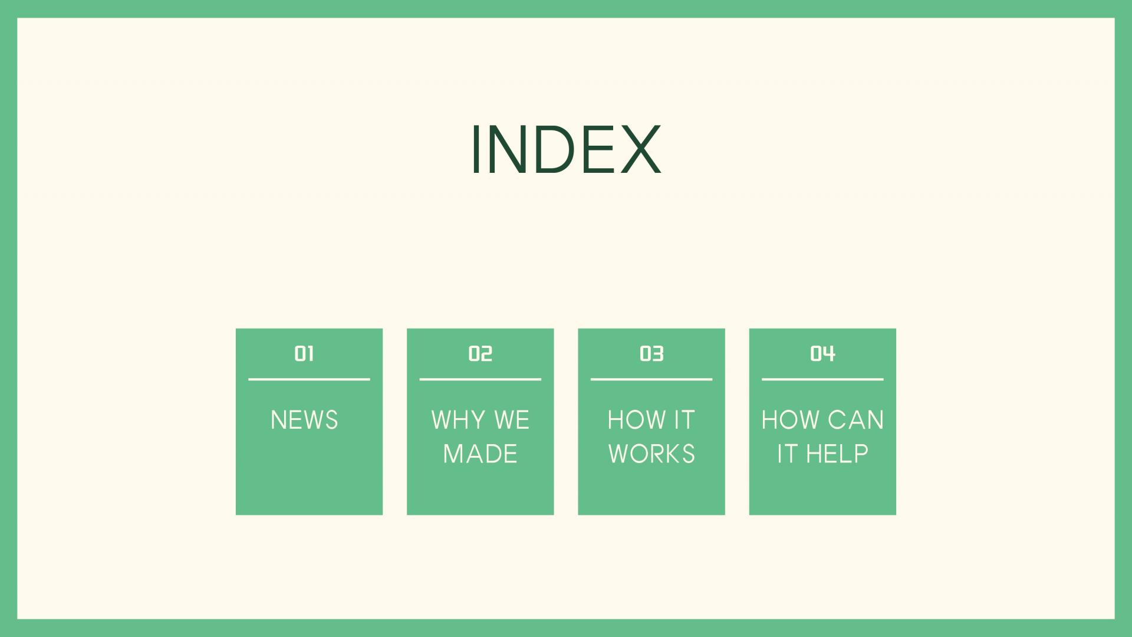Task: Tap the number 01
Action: (304, 353)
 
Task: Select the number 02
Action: (480, 353)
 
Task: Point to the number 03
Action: (651, 353)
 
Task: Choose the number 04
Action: (822, 353)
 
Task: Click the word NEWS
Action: (304, 420)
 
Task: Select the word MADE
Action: (480, 454)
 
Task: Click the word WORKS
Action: (651, 454)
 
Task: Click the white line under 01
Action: (309, 379)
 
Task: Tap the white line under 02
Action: (480, 379)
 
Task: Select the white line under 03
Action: (651, 379)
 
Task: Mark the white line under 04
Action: (822, 379)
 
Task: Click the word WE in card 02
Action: (512, 420)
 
